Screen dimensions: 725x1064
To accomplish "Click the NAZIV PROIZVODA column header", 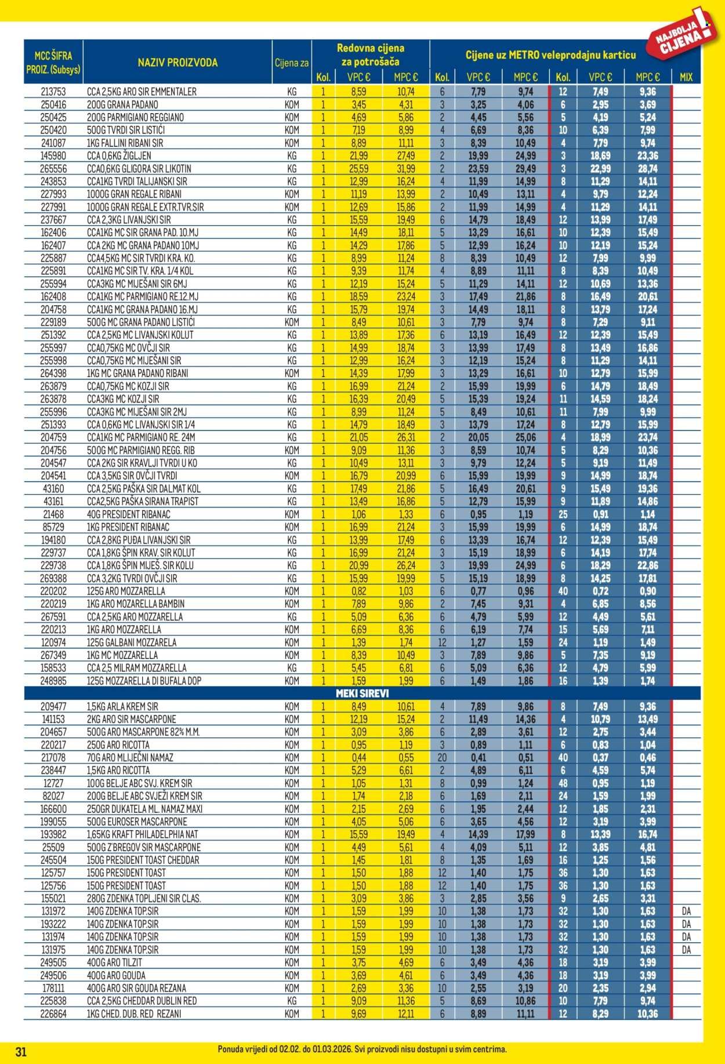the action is click(x=177, y=63).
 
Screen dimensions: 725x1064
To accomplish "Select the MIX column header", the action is click(x=686, y=77).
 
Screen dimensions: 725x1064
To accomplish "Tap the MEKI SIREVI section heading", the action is click(x=362, y=693).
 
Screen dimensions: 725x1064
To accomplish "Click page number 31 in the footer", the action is click(x=21, y=1052).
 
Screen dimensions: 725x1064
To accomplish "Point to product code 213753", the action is click(x=53, y=92).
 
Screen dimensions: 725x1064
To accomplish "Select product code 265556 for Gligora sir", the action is click(x=53, y=168).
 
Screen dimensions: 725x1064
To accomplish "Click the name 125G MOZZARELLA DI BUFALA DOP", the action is click(x=144, y=681).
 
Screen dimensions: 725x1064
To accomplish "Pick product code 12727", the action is click(x=53, y=783).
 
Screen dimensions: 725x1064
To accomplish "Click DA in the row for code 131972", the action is click(x=686, y=911).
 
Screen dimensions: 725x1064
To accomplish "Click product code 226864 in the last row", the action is click(x=53, y=1014).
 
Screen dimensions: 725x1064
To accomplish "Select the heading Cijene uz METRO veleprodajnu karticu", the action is click(x=550, y=55).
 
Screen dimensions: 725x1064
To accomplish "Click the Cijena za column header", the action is click(x=292, y=63).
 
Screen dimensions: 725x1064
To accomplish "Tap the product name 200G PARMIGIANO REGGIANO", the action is click(x=135, y=117).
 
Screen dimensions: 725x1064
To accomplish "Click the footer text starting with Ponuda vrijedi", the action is click(x=362, y=1049).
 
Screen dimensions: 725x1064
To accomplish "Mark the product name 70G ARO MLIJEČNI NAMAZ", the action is click(x=130, y=758).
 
